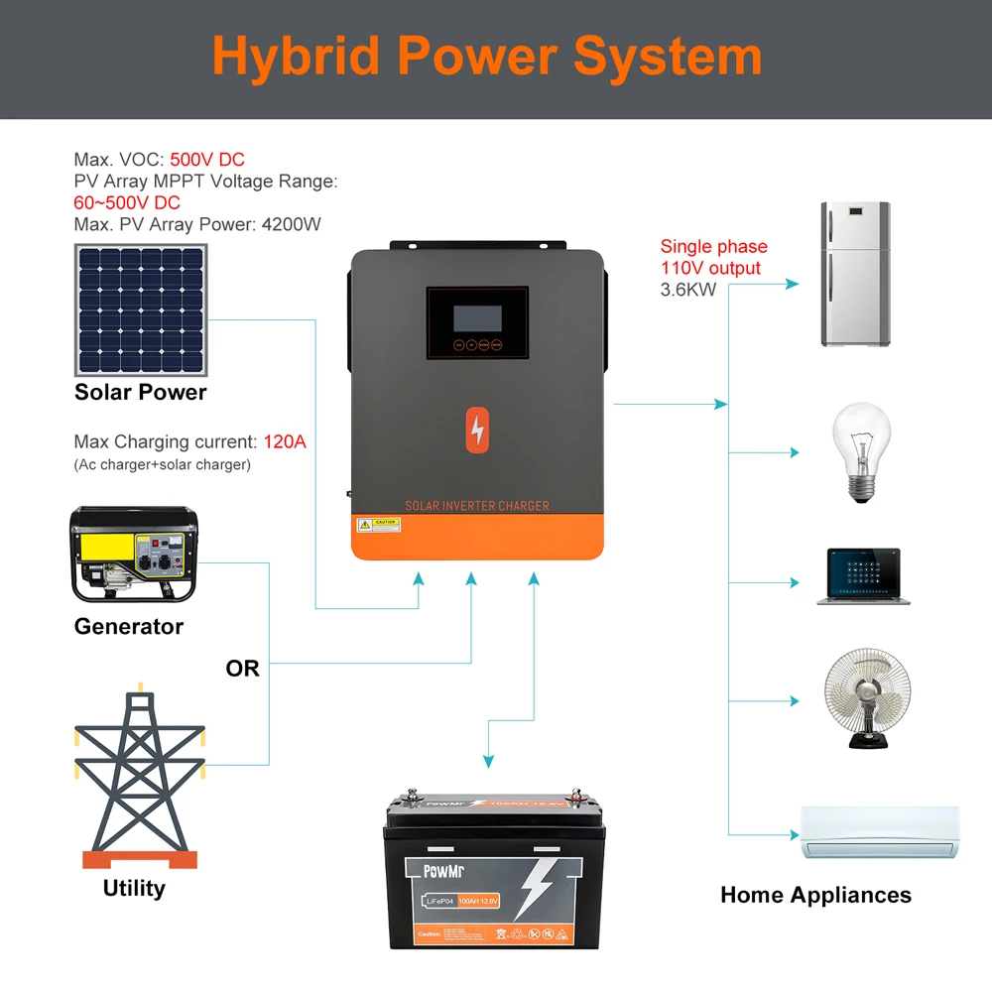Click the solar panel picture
140,310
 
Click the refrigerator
855,275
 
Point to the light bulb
859,451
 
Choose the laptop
863,575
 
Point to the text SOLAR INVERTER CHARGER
477,506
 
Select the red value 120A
285,442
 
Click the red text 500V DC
207,160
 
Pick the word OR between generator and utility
242,669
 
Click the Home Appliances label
815,895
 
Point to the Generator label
129,627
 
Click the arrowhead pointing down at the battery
487,762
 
